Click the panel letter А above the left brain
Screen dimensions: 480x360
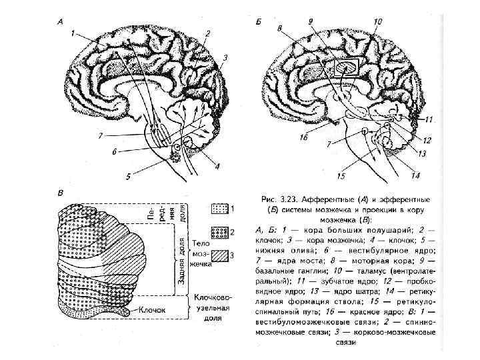(x=60, y=21)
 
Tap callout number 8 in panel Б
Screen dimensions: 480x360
(x=279, y=29)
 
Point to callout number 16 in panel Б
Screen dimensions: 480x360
(x=303, y=138)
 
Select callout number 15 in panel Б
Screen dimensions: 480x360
(x=341, y=177)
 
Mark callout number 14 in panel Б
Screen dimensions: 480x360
(x=415, y=176)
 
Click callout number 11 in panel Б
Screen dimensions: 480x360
(x=429, y=120)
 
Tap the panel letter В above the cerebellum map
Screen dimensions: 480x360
(x=61, y=193)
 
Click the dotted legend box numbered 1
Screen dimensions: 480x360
(x=219, y=209)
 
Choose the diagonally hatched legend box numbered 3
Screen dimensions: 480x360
(x=219, y=255)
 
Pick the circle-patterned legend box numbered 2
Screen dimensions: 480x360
(x=219, y=232)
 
